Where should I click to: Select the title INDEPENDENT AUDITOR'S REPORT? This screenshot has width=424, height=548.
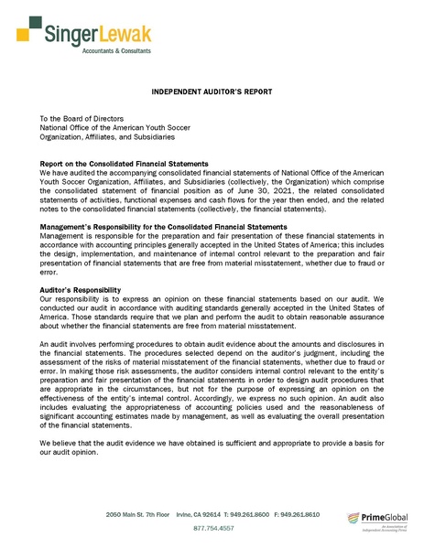coord(212,93)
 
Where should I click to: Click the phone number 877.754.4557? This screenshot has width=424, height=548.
coord(213,529)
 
